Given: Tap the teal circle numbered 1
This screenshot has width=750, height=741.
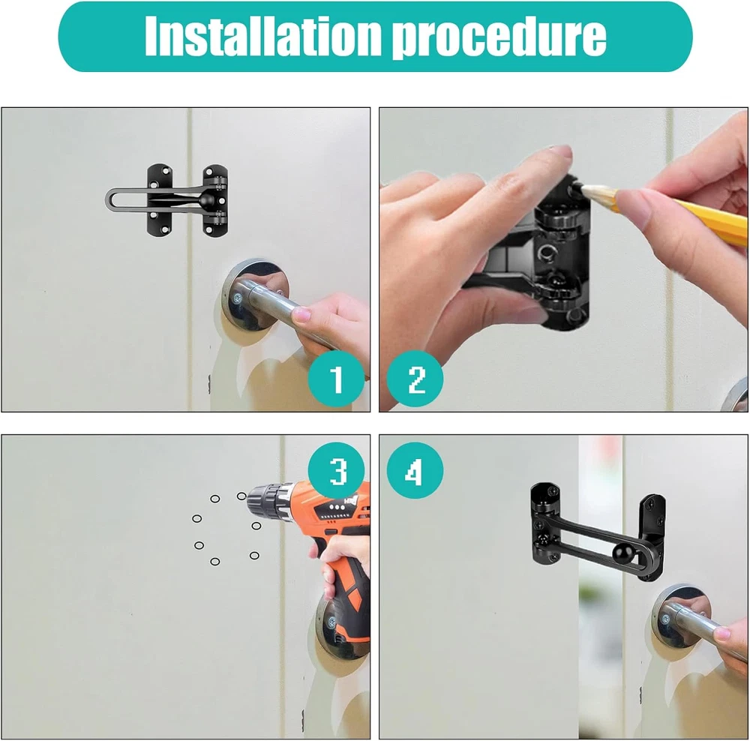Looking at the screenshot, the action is click(x=336, y=379).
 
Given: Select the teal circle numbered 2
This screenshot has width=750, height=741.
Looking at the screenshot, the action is click(x=415, y=379).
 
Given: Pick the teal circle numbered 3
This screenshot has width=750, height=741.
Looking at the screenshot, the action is click(x=337, y=471).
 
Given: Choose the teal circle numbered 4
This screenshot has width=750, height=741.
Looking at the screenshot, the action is click(x=415, y=471).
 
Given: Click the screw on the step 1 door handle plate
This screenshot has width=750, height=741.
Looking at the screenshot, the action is click(x=237, y=299).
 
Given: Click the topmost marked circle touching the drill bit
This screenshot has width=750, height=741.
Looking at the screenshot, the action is click(x=241, y=496).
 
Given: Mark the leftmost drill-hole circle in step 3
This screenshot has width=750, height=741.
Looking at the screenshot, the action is click(x=196, y=518).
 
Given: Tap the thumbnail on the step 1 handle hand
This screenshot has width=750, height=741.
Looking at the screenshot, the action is click(x=301, y=315).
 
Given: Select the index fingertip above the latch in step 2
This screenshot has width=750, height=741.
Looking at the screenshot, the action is click(x=561, y=154).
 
